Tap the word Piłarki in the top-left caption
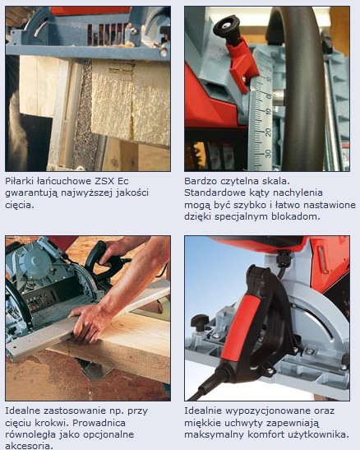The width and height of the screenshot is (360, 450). point(19,181)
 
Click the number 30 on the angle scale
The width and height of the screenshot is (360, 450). point(268,153)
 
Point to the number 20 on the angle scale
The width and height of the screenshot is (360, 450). point(268,132)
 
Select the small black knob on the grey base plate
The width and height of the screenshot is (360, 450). point(201,321)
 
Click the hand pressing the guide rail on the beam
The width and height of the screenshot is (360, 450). point(88,323)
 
